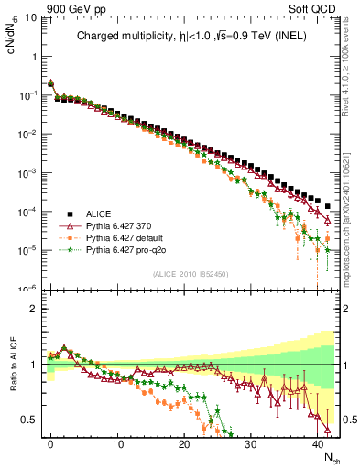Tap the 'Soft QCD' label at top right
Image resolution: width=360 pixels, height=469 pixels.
coord(316,7)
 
